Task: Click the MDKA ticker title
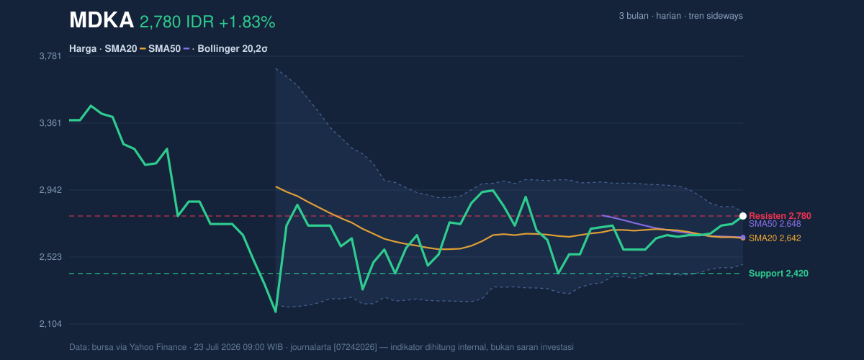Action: pyautogui.click(x=102, y=20)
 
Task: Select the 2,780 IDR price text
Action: pyautogui.click(x=177, y=22)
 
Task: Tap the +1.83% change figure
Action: pyautogui.click(x=247, y=22)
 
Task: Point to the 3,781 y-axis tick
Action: pyautogui.click(x=50, y=56)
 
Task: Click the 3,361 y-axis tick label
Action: pyautogui.click(x=50, y=123)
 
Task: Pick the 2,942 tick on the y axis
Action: pyautogui.click(x=50, y=190)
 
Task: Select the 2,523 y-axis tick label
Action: pyautogui.click(x=50, y=257)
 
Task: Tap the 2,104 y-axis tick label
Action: pyautogui.click(x=50, y=324)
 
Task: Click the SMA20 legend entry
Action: pyautogui.click(x=121, y=49)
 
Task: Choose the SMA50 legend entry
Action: pyautogui.click(x=164, y=49)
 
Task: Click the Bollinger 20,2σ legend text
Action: pyautogui.click(x=232, y=49)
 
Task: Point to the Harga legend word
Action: pyautogui.click(x=83, y=49)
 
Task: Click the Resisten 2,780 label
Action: pyautogui.click(x=780, y=216)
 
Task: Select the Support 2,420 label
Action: pyautogui.click(x=778, y=274)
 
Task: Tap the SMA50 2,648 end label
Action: pyautogui.click(x=775, y=224)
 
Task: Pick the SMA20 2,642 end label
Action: pyautogui.click(x=775, y=238)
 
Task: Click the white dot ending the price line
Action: pyautogui.click(x=743, y=216)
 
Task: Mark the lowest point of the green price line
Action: pyautogui.click(x=275, y=312)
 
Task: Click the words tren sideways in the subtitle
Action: pyautogui.click(x=716, y=16)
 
